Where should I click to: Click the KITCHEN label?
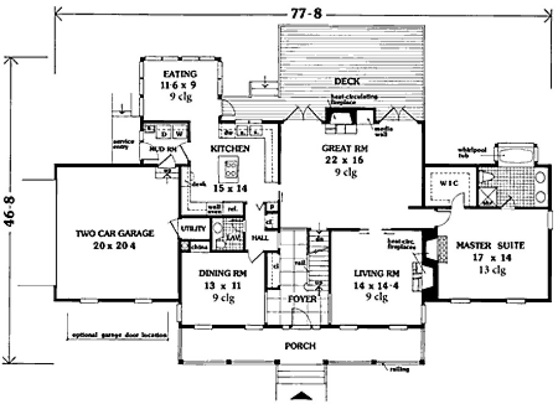[x=230, y=148]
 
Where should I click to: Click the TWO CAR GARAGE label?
[x=115, y=233]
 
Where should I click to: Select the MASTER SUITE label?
[x=490, y=247]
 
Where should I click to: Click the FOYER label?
[x=302, y=299]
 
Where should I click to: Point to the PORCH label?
[x=300, y=346]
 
